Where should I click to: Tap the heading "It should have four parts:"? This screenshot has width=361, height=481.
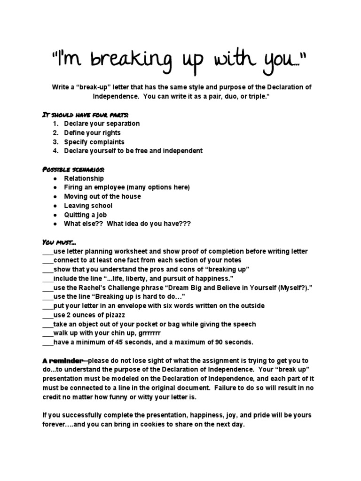click(x=85, y=114)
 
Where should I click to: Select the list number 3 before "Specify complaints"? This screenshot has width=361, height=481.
click(x=55, y=141)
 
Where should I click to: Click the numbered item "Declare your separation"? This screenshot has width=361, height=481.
click(x=102, y=124)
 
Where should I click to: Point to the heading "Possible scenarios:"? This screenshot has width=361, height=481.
click(x=74, y=169)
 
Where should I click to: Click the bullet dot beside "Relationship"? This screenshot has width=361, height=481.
click(x=55, y=178)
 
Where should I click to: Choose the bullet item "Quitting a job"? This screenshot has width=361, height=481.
click(x=86, y=215)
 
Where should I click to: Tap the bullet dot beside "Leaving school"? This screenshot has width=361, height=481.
click(x=55, y=206)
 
